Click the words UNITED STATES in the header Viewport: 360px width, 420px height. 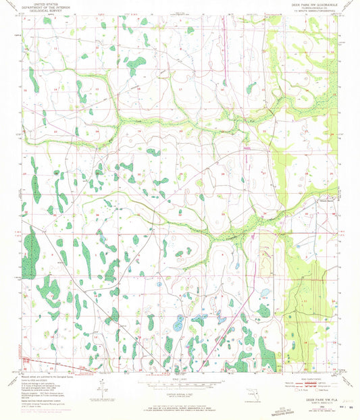[41, 3]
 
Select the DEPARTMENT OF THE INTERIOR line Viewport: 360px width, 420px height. [41, 7]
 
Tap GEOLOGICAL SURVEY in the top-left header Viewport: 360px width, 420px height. [41, 11]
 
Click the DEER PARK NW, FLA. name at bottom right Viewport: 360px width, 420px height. [307, 399]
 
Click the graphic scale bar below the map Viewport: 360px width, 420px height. [179, 383]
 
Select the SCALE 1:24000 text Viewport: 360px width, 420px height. [180, 377]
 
